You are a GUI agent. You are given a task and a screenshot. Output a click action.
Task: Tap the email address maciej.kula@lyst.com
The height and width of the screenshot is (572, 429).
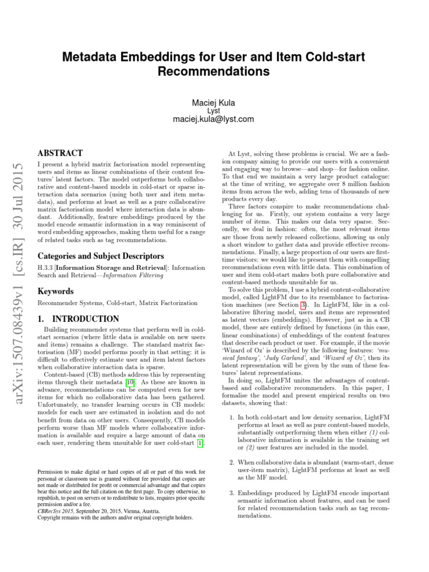click(213, 119)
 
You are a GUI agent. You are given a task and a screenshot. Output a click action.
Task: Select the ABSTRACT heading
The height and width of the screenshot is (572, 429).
click(60, 152)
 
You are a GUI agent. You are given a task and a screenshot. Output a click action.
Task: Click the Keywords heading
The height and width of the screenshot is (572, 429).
click(55, 291)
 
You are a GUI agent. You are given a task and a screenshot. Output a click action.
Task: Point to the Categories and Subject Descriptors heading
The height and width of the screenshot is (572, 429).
click(101, 256)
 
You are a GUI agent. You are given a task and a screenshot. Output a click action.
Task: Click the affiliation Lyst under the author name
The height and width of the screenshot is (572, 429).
click(213, 111)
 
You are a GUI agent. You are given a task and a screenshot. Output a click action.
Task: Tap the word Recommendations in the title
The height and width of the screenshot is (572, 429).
click(213, 71)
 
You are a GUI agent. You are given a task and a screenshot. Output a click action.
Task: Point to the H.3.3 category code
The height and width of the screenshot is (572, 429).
click(45, 268)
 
